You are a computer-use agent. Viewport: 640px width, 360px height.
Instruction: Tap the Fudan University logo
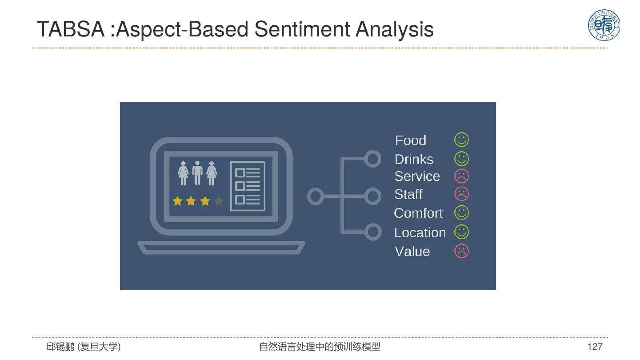pos(604,25)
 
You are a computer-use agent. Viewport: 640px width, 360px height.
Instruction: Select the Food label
pos(411,140)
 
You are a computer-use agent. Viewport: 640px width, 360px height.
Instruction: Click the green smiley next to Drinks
pos(461,159)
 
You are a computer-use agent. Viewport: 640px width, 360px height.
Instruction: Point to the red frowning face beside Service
pos(461,176)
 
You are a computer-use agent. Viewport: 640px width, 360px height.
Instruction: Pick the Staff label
pos(408,194)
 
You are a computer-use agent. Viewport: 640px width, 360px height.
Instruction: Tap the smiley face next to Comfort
pos(461,212)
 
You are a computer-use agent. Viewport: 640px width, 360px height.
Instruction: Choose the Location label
pos(420,232)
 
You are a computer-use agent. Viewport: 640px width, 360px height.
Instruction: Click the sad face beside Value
pos(461,251)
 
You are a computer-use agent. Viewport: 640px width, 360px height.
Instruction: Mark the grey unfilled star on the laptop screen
pos(218,201)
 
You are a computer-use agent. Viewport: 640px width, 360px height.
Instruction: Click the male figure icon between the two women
pos(197,173)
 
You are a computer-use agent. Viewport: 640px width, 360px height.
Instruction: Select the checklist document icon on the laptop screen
pos(248,186)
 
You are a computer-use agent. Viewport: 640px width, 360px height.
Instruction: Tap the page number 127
pos(595,347)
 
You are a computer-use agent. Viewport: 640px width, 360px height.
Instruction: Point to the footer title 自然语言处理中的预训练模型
pos(320,347)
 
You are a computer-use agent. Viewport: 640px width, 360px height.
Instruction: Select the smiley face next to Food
pos(461,140)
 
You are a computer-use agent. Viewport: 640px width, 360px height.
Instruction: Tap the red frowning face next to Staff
pos(461,194)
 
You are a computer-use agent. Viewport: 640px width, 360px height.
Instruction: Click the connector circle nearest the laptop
pos(315,196)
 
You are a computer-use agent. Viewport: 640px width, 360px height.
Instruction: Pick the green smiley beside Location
pos(461,232)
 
